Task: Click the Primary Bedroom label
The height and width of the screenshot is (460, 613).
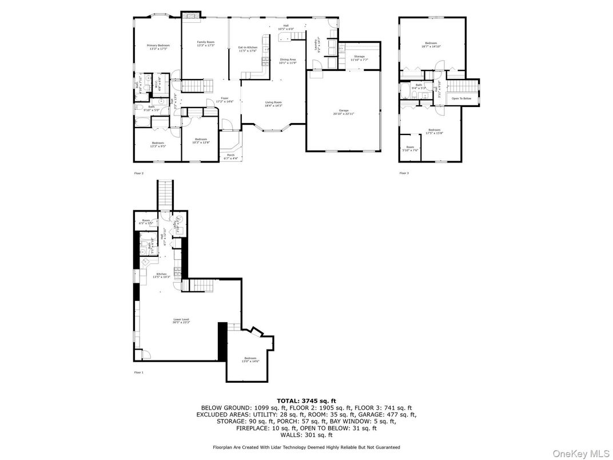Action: (x=158, y=45)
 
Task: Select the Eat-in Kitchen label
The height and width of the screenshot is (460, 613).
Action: (x=248, y=47)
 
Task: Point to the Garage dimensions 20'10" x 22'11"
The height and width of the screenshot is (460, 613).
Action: (x=344, y=114)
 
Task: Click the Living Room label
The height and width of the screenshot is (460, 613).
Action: (x=273, y=102)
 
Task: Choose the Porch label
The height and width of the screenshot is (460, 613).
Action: (x=231, y=154)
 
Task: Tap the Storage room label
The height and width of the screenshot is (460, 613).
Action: (x=359, y=56)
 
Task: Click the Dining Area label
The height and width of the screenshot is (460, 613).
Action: (x=288, y=60)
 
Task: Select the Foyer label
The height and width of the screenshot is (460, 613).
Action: (x=225, y=98)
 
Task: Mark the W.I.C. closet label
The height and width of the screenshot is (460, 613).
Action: (x=156, y=85)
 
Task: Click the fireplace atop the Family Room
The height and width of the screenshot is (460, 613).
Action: (x=192, y=16)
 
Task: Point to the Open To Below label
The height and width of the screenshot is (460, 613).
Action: (x=461, y=98)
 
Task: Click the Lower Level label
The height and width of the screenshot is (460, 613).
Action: (x=181, y=319)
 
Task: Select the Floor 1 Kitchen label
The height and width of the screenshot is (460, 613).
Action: (x=161, y=274)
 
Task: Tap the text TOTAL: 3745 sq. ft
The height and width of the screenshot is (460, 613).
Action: (x=306, y=400)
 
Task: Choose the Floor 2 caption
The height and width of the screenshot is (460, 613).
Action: (x=138, y=173)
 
